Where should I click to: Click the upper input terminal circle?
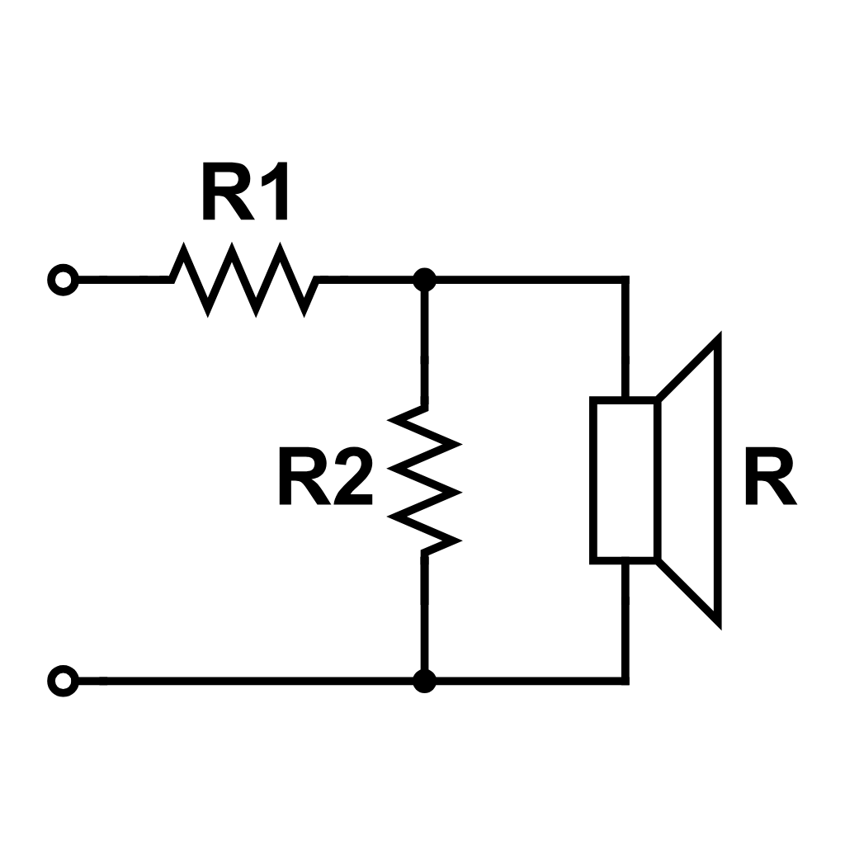pyautogui.click(x=62, y=281)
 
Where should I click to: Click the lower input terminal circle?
pyautogui.click(x=62, y=682)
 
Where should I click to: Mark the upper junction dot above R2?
pyautogui.click(x=424, y=281)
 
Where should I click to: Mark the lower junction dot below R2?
pyautogui.click(x=424, y=682)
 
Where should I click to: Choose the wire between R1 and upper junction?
pyautogui.click(x=367, y=281)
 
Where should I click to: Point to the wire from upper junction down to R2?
pyautogui.click(x=424, y=347)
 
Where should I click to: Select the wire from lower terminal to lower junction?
pyautogui.click(x=248, y=682)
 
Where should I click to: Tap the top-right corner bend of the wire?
pyautogui.click(x=625, y=281)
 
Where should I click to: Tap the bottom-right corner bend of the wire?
pyautogui.click(x=625, y=681)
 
